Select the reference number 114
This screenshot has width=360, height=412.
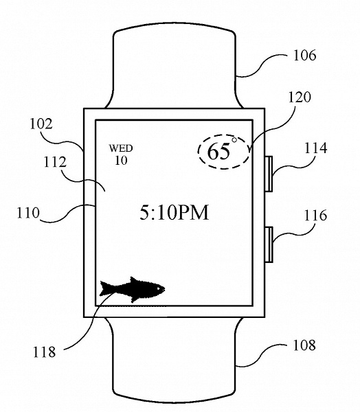(315, 148)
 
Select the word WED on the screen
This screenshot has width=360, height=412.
(121, 148)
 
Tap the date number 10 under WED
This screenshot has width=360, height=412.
(121, 160)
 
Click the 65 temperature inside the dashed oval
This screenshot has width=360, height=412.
(218, 152)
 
